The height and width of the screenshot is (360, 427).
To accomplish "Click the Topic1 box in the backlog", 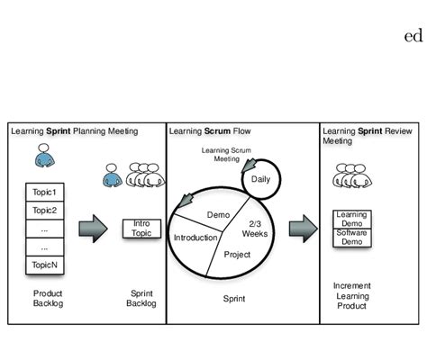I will tap(44, 193).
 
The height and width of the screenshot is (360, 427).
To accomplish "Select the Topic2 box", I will tap(44, 211).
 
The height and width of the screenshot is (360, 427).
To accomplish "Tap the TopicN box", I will tap(44, 265).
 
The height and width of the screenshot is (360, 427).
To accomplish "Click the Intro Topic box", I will tap(141, 228).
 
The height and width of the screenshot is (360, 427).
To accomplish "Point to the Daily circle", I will tap(260, 179).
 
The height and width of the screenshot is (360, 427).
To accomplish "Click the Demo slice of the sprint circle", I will tap(218, 215).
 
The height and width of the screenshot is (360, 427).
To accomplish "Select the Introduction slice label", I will tap(195, 238).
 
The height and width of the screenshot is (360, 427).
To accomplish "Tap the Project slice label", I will tap(237, 255).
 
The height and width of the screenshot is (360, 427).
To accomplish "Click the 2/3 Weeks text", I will tap(256, 229).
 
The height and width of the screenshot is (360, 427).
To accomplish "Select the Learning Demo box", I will tap(351, 219).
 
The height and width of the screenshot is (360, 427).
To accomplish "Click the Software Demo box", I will tap(351, 238).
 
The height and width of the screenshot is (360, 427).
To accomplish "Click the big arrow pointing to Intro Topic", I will tap(93, 228).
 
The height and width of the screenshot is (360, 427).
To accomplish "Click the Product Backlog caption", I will tap(47, 299).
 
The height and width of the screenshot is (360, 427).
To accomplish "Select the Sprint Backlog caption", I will tap(141, 299).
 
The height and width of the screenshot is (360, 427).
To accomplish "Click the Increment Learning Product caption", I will tap(350, 296).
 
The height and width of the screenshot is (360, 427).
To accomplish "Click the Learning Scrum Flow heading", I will tap(210, 131).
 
